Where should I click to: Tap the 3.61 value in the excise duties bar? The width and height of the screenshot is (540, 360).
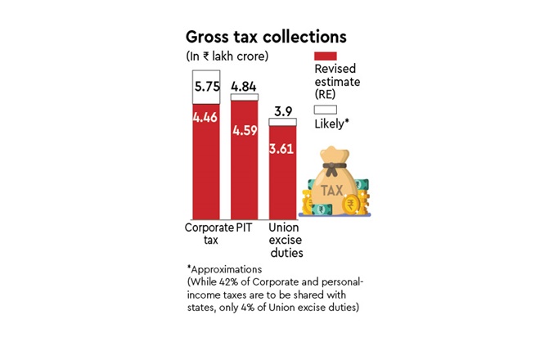(283, 148)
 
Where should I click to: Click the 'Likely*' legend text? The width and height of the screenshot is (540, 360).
(332, 124)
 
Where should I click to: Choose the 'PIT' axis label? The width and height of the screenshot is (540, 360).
(245, 227)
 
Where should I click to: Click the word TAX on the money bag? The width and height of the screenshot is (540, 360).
(332, 190)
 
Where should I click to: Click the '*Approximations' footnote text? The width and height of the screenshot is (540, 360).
(224, 268)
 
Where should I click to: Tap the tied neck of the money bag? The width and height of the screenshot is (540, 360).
(332, 169)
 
